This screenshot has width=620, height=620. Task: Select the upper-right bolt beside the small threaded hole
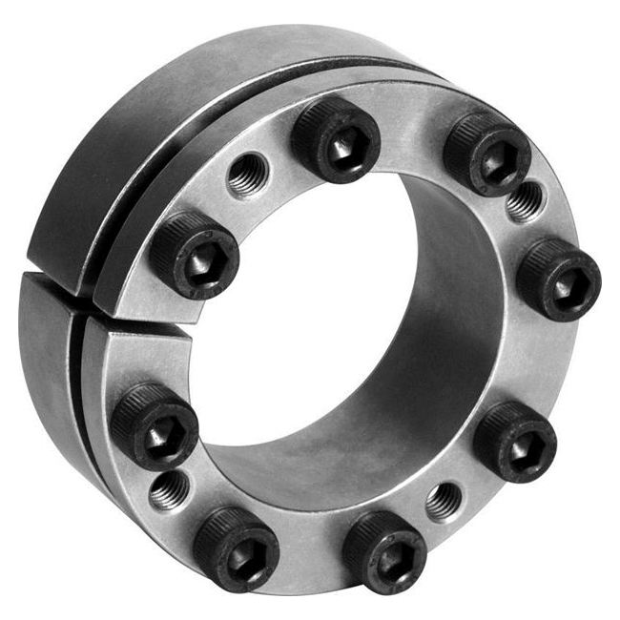click(x=486, y=152)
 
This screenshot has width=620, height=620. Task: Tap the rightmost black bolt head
click(x=559, y=279)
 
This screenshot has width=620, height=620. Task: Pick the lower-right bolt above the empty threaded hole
click(x=515, y=441)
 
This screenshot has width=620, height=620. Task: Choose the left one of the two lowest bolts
click(x=236, y=548)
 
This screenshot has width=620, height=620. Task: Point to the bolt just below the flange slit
click(x=155, y=425)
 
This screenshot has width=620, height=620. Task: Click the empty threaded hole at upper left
click(x=248, y=176)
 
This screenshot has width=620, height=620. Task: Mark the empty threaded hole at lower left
click(x=169, y=490)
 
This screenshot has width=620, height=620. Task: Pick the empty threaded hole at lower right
click(x=444, y=501)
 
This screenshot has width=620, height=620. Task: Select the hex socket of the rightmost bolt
click(x=564, y=283)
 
